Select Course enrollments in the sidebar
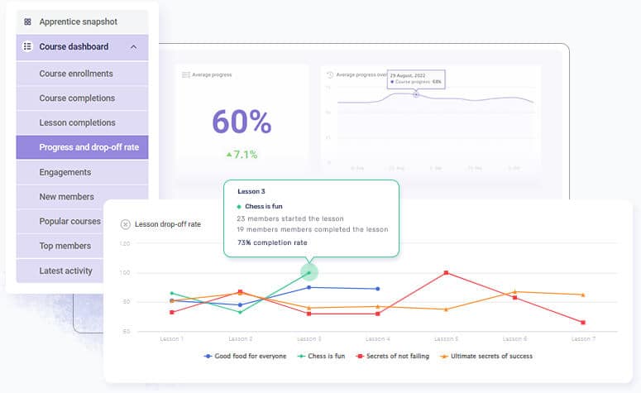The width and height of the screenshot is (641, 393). [76, 74]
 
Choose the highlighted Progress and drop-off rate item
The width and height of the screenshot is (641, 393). [88, 147]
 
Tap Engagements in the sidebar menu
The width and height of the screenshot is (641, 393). [65, 172]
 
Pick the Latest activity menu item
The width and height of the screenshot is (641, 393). [65, 271]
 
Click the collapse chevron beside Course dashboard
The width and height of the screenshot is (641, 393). [133, 47]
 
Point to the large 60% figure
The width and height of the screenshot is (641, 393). [242, 122]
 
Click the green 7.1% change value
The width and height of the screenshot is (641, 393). [241, 154]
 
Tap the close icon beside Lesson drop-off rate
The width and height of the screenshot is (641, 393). [125, 223]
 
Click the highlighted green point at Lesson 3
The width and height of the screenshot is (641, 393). [309, 272]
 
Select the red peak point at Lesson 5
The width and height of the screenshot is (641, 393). [446, 272]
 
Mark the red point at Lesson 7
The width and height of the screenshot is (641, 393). [583, 322]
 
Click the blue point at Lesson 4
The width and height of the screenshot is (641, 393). [377, 289]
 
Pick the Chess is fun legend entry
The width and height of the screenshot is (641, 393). [322, 357]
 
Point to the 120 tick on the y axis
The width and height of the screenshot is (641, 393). [125, 244]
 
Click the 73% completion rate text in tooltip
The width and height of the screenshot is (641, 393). [272, 242]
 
